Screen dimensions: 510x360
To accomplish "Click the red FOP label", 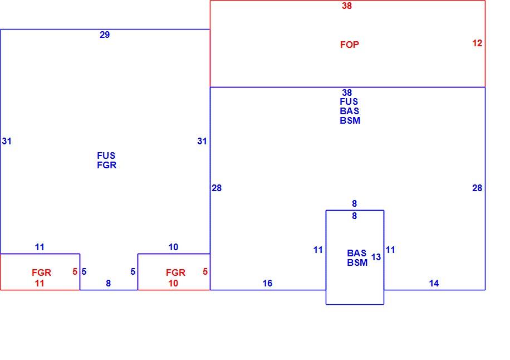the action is coord(349,45).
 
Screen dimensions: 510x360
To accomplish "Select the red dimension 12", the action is coord(477,43).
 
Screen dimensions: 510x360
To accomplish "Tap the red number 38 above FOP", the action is coord(347,6).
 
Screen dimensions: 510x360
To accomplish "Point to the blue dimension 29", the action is coord(105,35).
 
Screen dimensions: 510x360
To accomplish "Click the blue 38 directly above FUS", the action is coord(347,93).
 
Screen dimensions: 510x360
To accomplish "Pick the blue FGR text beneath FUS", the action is coord(107,165).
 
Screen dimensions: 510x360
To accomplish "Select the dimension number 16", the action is coord(267,283).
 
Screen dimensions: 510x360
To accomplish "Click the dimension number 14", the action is coord(434,283).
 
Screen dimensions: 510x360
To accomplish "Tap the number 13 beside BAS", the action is coord(376,257).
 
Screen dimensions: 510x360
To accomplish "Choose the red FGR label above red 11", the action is coord(41,273).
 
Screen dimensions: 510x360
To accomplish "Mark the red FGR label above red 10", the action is coord(175,273).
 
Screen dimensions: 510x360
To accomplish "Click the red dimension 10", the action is coord(173,283).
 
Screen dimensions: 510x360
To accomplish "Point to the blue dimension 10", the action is coord(173,247).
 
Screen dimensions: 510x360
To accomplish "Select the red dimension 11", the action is coord(40,283).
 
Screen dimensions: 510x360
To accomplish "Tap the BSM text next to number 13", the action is coord(357,262).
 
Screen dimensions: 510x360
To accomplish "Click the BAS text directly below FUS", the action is coord(349,111).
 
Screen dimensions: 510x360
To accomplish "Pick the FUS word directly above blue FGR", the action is coord(106,155).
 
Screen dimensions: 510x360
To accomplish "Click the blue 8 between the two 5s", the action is coord(109,283).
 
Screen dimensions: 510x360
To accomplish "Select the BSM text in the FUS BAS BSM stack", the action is coord(350,120).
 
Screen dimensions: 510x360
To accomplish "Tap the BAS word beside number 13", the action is coord(356,253).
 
